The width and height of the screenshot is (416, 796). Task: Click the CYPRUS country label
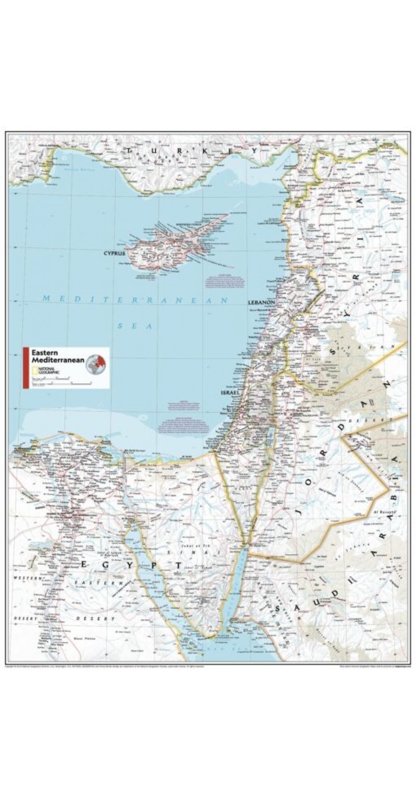[x=114, y=254]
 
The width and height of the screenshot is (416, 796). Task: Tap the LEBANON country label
[x=261, y=303]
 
